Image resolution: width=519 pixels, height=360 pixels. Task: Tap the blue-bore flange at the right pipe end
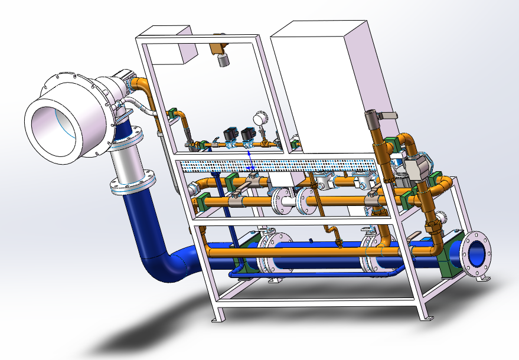[476, 254]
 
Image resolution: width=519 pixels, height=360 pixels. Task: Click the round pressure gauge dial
[259, 119]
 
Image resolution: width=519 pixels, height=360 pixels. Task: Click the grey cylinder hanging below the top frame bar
[223, 60]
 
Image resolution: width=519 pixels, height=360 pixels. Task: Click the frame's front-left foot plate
[218, 319]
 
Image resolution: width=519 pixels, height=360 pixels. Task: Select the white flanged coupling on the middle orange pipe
[290, 200]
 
